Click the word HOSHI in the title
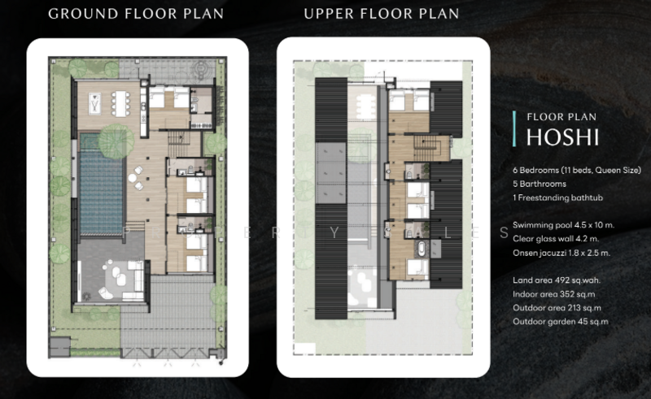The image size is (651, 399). [x=562, y=137]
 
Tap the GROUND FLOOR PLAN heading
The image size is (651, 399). [x=136, y=14]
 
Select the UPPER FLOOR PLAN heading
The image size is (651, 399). [x=382, y=14]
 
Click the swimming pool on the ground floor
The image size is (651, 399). [x=102, y=184]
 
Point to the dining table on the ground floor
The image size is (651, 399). [x=120, y=103]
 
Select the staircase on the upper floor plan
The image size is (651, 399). [x=427, y=150]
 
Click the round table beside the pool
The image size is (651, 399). [x=132, y=178]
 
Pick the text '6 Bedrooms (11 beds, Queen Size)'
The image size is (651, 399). [x=577, y=170]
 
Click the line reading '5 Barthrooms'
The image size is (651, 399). [x=540, y=184]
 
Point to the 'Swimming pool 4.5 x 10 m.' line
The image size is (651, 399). [x=563, y=225]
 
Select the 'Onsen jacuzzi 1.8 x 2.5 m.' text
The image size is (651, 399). [x=561, y=253]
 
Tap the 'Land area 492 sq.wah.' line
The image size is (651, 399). [x=557, y=280]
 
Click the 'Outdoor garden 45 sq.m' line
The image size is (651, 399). [x=560, y=322]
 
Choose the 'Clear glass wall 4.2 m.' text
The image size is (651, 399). [x=556, y=239]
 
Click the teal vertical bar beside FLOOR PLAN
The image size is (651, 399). [x=514, y=128]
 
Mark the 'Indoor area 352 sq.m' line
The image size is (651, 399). [x=554, y=294]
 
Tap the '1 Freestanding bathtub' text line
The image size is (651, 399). [x=557, y=197]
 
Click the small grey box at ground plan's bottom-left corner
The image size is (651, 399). [x=59, y=348]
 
